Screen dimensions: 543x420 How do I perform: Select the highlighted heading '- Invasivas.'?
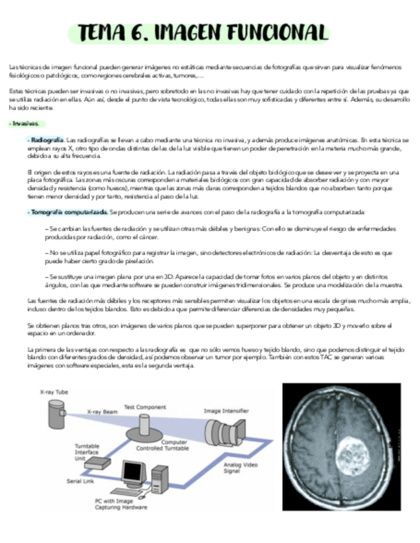coord(25,124)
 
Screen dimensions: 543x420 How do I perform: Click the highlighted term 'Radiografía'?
coord(47,140)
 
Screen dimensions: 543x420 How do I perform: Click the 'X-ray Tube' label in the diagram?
coord(54,392)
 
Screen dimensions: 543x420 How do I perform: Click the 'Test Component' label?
coord(145,407)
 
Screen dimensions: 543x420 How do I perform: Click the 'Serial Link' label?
coord(81,481)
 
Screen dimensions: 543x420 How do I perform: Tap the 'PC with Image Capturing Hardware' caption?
coord(121,503)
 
